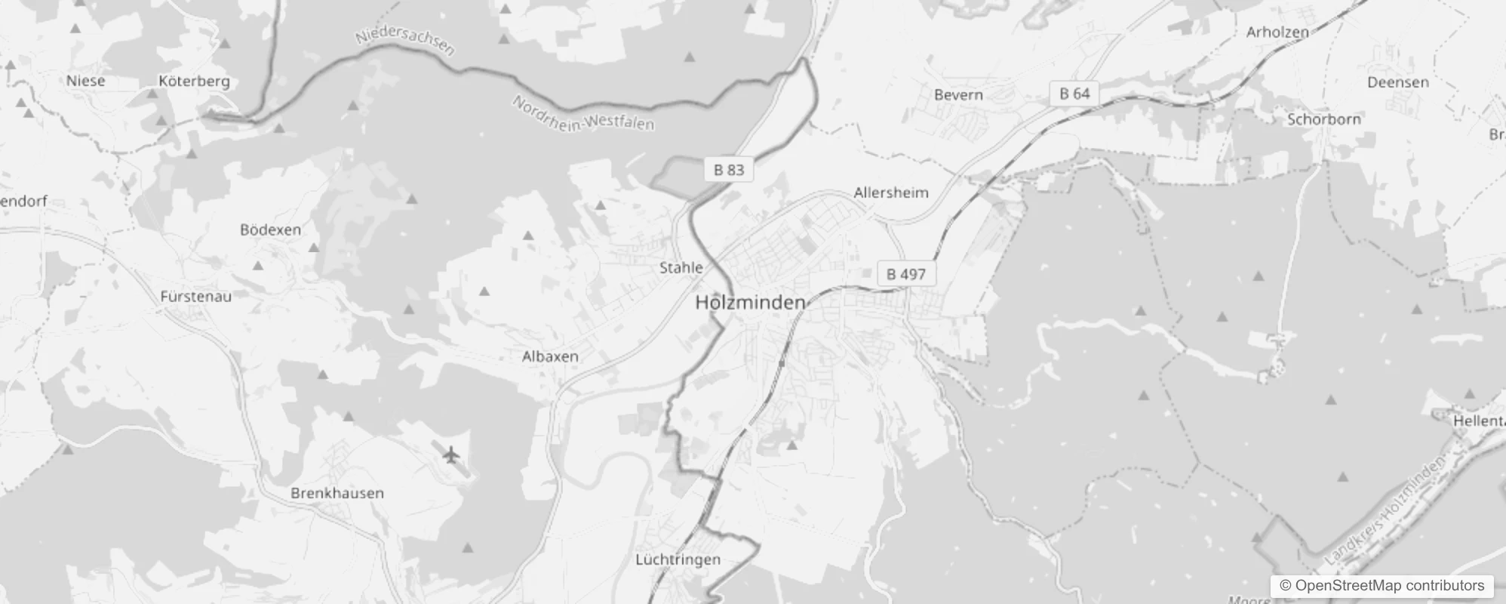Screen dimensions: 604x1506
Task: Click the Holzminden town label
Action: tap(750, 303)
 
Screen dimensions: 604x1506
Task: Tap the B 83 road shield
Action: tap(729, 170)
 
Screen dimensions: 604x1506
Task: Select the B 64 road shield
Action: tap(1074, 94)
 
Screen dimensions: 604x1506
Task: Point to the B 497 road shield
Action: tap(905, 274)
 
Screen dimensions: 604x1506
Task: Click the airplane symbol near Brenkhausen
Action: tap(451, 455)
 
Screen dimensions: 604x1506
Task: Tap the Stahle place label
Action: tap(681, 267)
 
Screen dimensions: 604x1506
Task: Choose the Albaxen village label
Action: tap(550, 356)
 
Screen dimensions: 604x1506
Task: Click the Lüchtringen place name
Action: tap(678, 559)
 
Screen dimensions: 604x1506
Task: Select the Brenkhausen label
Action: tap(337, 493)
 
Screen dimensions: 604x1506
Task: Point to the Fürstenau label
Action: tap(195, 297)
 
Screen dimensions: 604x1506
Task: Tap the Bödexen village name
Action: tap(270, 230)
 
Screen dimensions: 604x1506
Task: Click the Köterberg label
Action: tap(194, 81)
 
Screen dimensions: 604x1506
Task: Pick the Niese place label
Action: tap(86, 81)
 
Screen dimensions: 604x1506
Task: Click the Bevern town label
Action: tap(958, 95)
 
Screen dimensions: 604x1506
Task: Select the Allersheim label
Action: tap(890, 193)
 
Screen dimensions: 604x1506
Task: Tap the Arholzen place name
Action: tap(1277, 32)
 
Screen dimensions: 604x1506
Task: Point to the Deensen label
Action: tap(1398, 82)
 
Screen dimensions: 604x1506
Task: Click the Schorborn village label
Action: tap(1324, 119)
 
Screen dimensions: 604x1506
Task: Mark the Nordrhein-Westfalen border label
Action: tap(583, 114)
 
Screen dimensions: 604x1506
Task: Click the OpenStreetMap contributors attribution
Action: tap(1382, 585)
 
